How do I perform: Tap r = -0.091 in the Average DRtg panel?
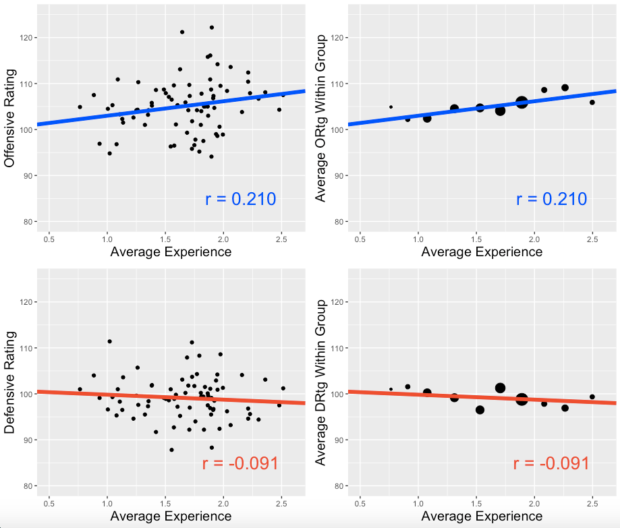551,463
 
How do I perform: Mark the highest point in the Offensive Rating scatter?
212,28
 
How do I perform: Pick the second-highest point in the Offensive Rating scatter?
182,32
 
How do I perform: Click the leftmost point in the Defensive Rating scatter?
80,389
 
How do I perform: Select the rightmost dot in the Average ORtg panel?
592,102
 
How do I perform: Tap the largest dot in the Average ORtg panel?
522,102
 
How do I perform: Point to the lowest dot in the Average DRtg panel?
480,410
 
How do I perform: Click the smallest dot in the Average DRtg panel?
391,389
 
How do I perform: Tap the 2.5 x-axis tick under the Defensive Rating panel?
281,504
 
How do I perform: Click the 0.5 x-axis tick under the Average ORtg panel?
360,239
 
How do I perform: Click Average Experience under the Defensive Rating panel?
171,517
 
